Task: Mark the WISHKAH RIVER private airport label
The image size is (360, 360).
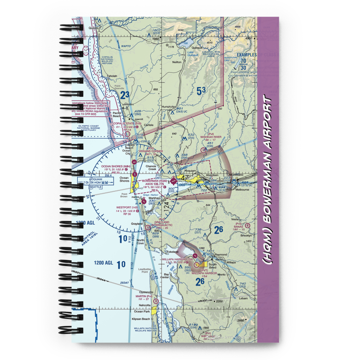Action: point(212,137)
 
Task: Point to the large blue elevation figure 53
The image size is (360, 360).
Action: point(202,91)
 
